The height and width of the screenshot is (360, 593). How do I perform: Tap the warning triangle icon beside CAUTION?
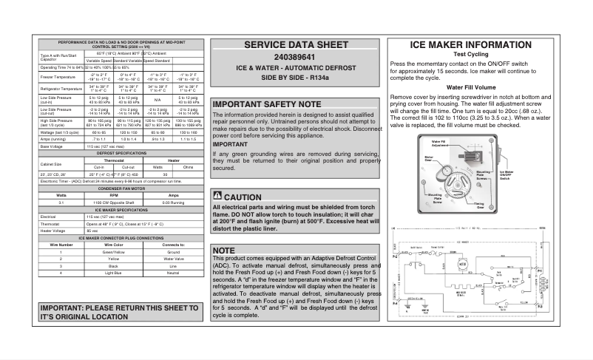click(x=217, y=197)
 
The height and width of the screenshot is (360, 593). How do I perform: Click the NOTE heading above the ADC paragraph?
click(x=223, y=250)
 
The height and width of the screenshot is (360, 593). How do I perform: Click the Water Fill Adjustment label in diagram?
click(x=438, y=142)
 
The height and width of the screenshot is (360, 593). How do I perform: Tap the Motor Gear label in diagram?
click(x=429, y=157)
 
